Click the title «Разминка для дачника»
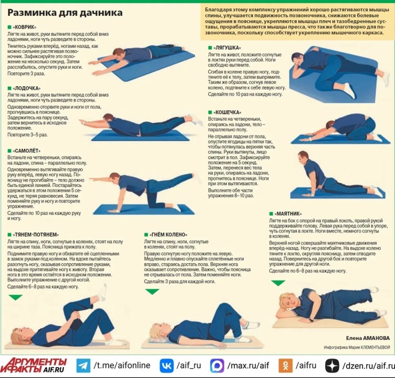coord(65,13)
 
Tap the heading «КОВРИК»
coord(25,27)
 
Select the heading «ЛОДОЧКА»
coord(27,89)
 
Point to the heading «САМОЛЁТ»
coord(27,151)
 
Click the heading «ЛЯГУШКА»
coord(227,48)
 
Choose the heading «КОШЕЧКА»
coord(227,112)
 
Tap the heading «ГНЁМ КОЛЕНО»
coord(168,235)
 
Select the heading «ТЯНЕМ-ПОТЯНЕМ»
coord(35,235)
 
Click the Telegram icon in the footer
coord(84,366)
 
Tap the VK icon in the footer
coord(167,366)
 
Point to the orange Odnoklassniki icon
coord(285,366)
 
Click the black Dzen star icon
coord(332,366)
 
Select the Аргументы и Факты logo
coord(33,366)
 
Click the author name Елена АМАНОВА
coord(368,338)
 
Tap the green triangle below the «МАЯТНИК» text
coord(278,283)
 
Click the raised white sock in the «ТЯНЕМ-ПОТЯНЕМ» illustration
coord(102,292)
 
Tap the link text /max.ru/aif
coord(248,366)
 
